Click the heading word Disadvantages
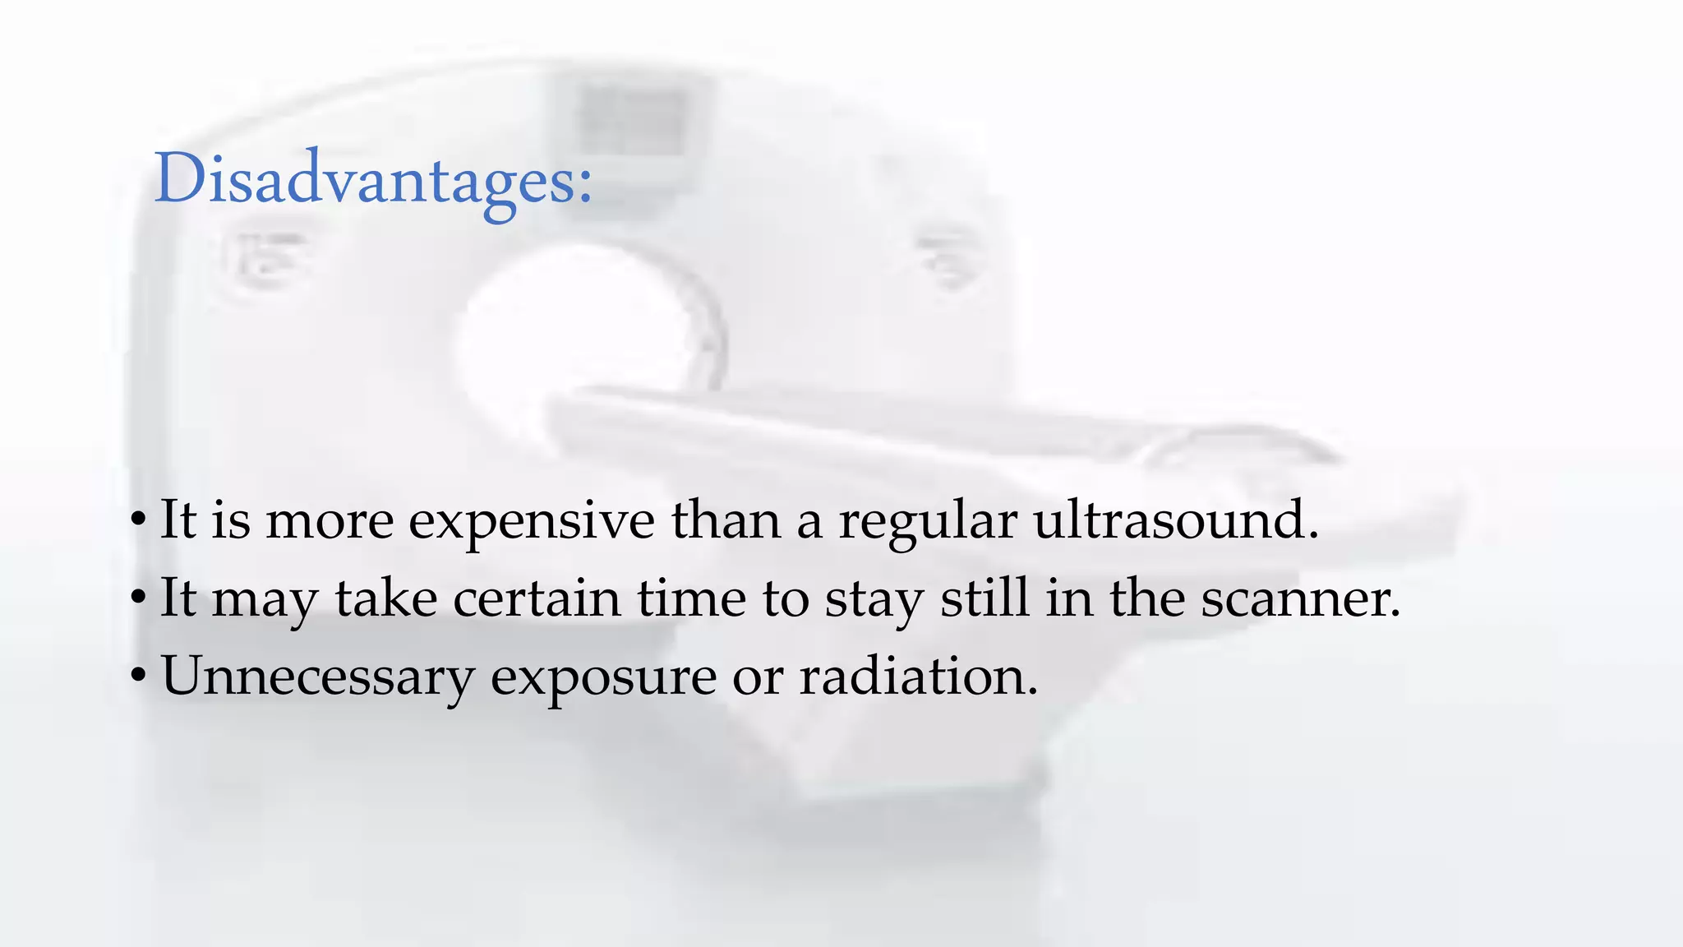[x=372, y=179]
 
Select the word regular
[x=928, y=523]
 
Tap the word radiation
[x=918, y=676]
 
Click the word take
[x=386, y=598]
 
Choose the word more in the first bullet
[x=330, y=521]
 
